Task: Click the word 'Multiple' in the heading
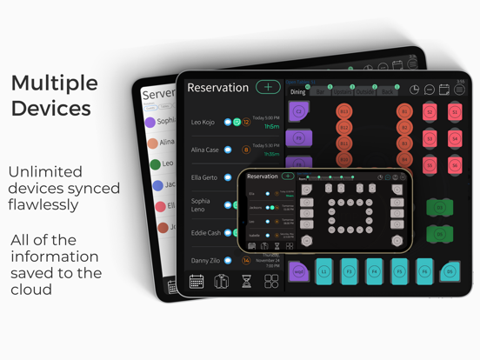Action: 54,83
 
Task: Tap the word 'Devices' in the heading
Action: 51,109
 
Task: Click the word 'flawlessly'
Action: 43,204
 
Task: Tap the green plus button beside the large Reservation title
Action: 268,87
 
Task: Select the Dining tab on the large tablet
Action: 298,91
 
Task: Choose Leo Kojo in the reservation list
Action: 203,123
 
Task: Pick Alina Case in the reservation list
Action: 205,150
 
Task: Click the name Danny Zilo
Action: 205,260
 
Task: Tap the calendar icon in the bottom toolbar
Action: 197,282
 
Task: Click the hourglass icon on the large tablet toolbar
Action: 247,282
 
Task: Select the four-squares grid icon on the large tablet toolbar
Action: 271,282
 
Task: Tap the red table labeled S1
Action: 454,112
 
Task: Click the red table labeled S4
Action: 454,139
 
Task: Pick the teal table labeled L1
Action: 323,271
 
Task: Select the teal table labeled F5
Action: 399,271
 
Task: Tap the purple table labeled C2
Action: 299,111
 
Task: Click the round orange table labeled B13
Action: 343,112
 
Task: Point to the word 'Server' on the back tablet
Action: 158,94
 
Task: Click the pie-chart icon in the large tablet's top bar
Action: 414,90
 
